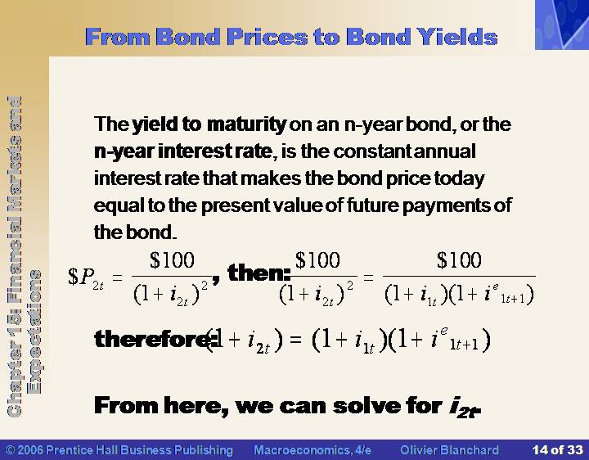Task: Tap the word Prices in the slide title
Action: click(268, 37)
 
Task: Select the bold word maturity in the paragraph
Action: click(246, 124)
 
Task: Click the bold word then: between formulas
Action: click(259, 273)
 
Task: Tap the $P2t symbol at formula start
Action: click(86, 277)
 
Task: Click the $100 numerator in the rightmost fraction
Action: click(459, 259)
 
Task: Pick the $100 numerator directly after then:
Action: click(317, 259)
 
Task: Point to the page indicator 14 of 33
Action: click(557, 450)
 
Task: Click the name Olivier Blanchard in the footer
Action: click(449, 450)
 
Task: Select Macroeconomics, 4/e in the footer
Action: click(312, 450)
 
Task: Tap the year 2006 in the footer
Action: click(30, 450)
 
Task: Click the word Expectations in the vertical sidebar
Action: click(34, 331)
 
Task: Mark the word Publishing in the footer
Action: click(204, 450)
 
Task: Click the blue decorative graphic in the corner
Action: click(562, 25)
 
